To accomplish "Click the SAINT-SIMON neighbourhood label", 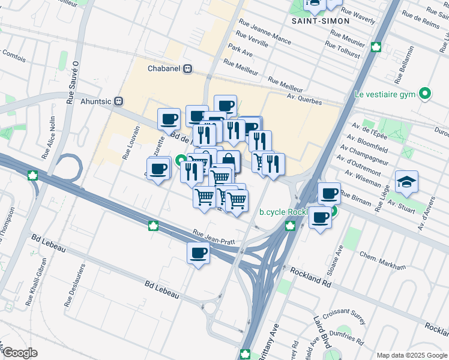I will pos(320,21).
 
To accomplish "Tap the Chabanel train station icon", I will pos(188,68).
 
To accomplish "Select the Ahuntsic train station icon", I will pos(119,101).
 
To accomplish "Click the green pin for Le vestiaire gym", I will pos(425,94).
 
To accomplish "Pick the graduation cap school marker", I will pos(406,182).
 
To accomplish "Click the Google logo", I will pos(20,353).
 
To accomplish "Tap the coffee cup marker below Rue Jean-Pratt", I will pos(198,253).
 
